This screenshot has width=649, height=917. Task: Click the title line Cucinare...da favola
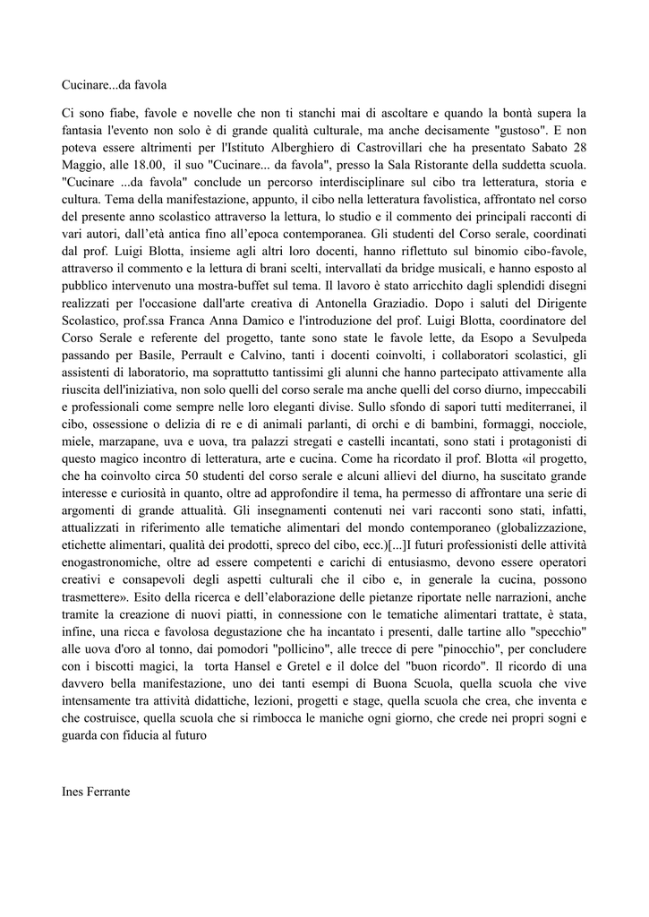coord(115,86)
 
